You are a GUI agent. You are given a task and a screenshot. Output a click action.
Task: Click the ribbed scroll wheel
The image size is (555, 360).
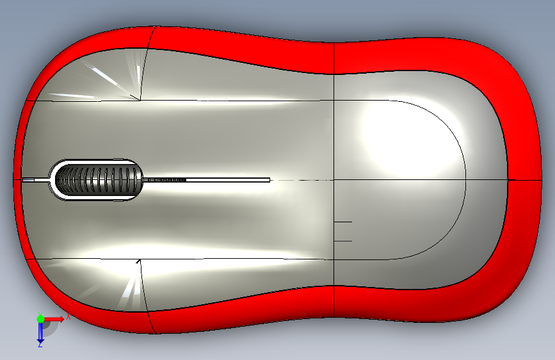click(96, 180)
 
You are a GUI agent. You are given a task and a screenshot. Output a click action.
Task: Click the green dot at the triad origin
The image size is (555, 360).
click(40, 318)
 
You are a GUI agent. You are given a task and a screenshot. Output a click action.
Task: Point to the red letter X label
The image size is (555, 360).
click(67, 316)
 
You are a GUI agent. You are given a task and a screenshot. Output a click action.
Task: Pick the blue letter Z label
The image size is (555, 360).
click(40, 344)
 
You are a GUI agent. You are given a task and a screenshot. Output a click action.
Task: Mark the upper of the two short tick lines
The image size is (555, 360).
click(343, 222)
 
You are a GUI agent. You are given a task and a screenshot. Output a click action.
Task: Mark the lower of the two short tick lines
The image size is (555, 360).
click(343, 241)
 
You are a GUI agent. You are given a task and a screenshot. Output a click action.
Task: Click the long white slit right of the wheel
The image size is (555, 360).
click(224, 180)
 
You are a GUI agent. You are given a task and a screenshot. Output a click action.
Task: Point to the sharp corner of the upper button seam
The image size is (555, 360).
click(140, 100)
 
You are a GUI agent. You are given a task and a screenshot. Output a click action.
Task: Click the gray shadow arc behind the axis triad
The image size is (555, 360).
click(54, 327)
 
